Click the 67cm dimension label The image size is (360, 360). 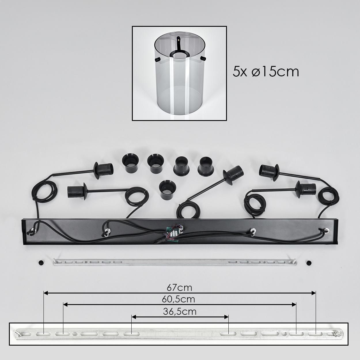[179, 288]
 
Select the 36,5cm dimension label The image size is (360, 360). [180, 312]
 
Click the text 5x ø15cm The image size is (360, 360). [266, 72]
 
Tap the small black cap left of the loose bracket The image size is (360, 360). [41, 262]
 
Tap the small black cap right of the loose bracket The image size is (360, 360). [309, 262]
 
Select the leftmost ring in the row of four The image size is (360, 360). [130, 163]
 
